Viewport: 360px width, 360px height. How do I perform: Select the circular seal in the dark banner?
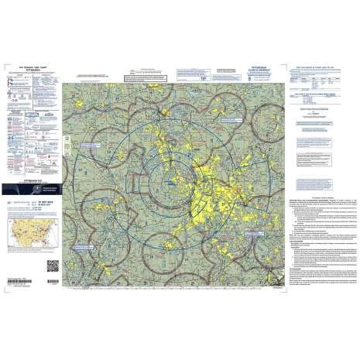(x=45, y=187)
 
